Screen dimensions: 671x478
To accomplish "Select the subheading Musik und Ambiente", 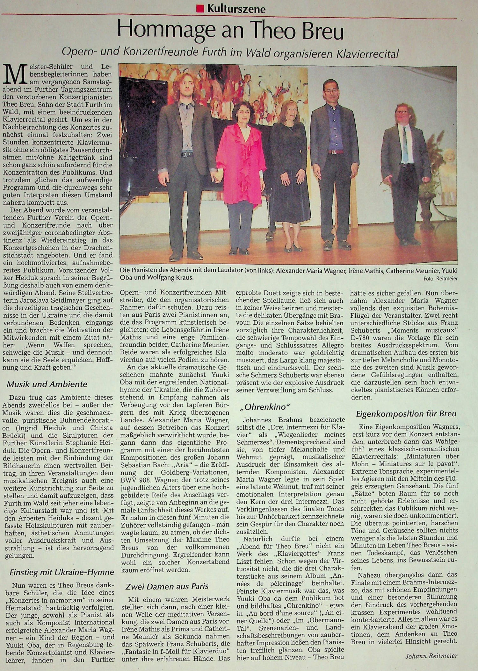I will click(x=47, y=384).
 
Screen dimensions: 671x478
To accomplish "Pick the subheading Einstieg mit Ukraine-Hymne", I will click(x=62, y=572).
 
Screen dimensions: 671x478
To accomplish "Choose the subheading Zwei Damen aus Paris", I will click(x=167, y=586).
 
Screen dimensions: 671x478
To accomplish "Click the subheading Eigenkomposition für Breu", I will click(x=406, y=413).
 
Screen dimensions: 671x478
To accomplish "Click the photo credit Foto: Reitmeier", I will click(x=440, y=279).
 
